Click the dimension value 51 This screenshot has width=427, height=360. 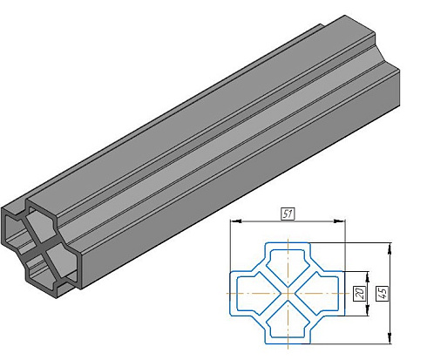click(288, 214)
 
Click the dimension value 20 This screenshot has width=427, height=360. click(361, 294)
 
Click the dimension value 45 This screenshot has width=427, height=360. click(383, 294)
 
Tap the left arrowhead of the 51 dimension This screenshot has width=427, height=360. click(236, 221)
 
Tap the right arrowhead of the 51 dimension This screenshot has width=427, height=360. click(339, 221)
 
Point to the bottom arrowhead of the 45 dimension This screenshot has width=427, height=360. click(390, 337)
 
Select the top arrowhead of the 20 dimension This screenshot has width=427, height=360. click(368, 277)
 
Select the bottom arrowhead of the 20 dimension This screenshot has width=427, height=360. click(368, 309)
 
